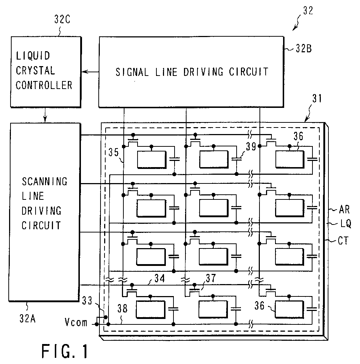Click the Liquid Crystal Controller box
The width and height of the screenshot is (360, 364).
pos(46,72)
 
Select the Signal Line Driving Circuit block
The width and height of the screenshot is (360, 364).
pos(191,72)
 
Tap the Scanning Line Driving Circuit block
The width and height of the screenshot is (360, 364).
pos(44,212)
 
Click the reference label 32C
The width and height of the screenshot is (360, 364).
pos(62,19)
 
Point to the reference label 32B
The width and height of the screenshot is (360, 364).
pos(304,49)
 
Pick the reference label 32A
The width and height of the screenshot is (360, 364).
pos(28,319)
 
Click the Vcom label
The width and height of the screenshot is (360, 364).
pos(76,323)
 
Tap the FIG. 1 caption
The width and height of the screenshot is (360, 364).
pos(65,351)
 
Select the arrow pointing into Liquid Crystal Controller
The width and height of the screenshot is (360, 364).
pos(90,72)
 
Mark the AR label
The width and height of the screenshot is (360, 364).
pos(344,210)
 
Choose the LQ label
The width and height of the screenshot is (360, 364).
pos(345,224)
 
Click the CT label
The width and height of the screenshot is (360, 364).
pos(343,241)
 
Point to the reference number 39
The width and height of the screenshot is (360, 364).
pos(251,146)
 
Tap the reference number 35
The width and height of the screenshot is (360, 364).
pos(114,153)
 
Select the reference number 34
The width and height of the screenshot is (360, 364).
pos(160,278)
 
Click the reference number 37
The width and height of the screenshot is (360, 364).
pos(211,278)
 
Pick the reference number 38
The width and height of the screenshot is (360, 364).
pos(122,308)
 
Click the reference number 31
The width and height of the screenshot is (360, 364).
pos(317,98)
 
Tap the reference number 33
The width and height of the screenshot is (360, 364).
pos(87,301)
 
